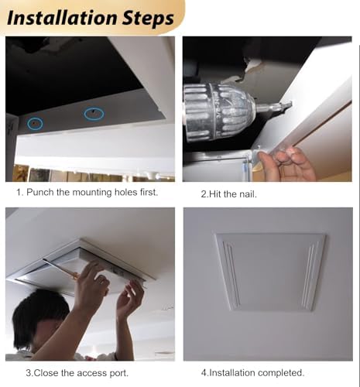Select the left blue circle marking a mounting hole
pos(35,123)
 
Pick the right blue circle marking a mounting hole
pos(94,113)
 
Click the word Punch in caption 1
pos(42,191)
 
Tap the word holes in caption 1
pos(142,191)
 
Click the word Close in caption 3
pos(47,373)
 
